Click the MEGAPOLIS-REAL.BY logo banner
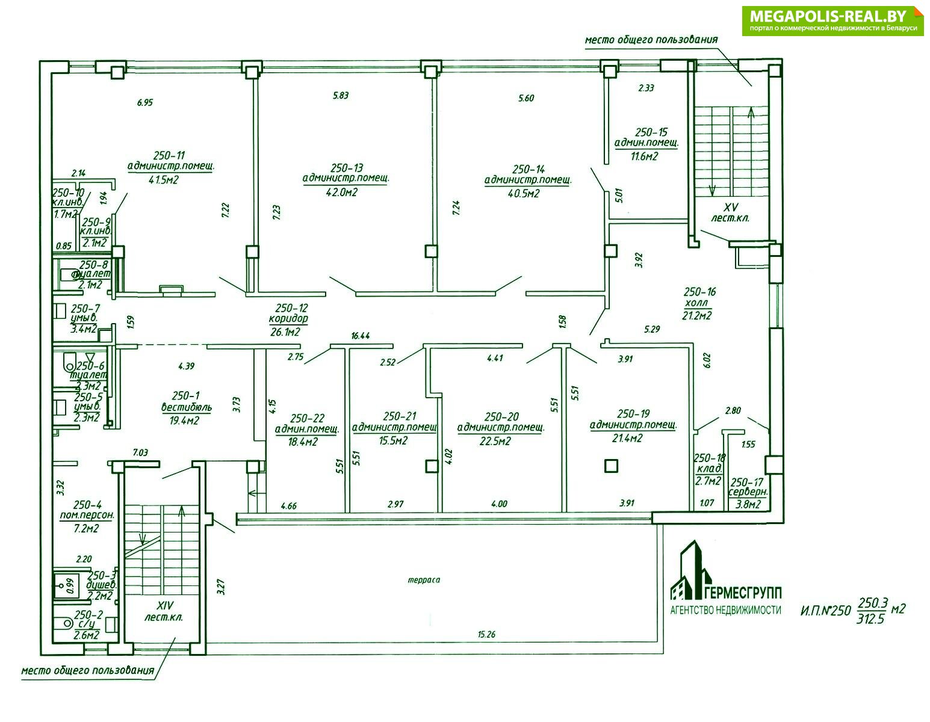click(x=832, y=21)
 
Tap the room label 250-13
click(x=346, y=167)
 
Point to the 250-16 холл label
click(x=699, y=298)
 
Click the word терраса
click(x=424, y=581)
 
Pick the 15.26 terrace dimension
click(x=486, y=634)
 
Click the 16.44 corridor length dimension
click(x=360, y=336)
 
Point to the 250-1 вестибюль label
click(x=186, y=401)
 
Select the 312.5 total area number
click(x=870, y=619)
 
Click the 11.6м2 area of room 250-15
click(x=644, y=156)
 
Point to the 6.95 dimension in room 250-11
click(x=144, y=103)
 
